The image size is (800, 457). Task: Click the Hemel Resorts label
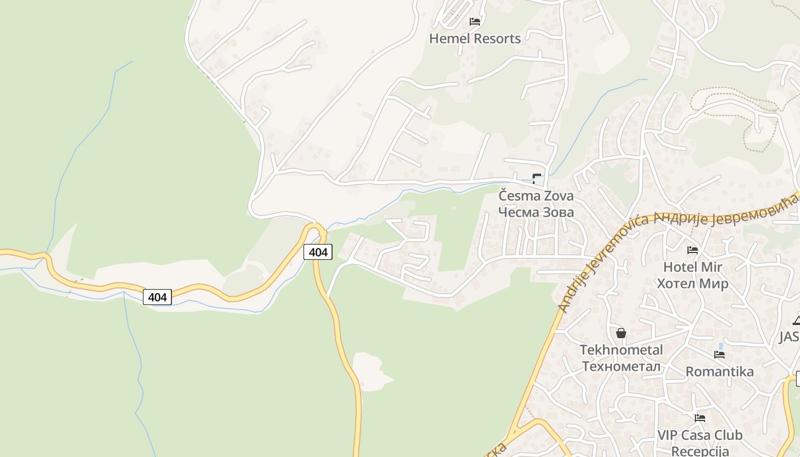pyautogui.click(x=475, y=39)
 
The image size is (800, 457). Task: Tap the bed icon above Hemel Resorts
pyautogui.click(x=475, y=22)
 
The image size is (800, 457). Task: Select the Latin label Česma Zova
pyautogui.click(x=536, y=196)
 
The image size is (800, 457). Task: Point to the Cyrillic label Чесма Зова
pyautogui.click(x=536, y=212)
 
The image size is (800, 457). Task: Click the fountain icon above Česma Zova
pyautogui.click(x=537, y=178)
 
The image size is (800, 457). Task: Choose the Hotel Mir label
pyautogui.click(x=693, y=267)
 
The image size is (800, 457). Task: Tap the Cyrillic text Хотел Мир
pyautogui.click(x=693, y=283)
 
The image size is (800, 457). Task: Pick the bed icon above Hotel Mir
pyautogui.click(x=693, y=250)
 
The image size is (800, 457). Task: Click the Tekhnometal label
pyautogui.click(x=621, y=350)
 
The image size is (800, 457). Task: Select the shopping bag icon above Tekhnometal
pyautogui.click(x=621, y=332)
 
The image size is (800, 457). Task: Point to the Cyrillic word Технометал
pyautogui.click(x=621, y=366)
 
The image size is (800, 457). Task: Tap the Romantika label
pyautogui.click(x=719, y=372)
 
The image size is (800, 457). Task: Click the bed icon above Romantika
pyautogui.click(x=719, y=355)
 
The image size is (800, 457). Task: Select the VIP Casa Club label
pyautogui.click(x=700, y=435)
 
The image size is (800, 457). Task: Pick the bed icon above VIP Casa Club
pyautogui.click(x=700, y=418)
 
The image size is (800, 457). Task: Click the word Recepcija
pyautogui.click(x=700, y=451)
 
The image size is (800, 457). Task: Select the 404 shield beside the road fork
pyautogui.click(x=318, y=252)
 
